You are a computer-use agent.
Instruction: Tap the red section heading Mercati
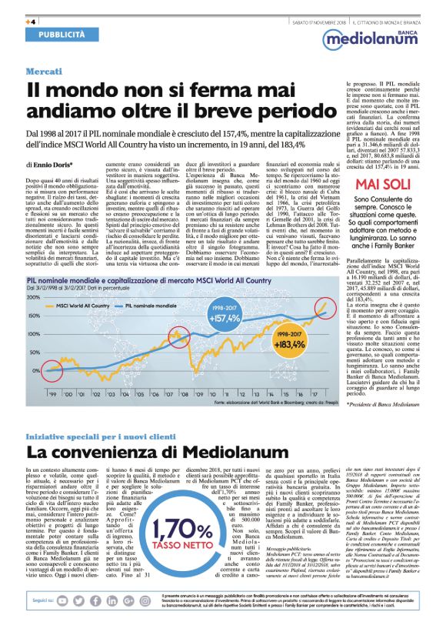(x=43, y=72)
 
